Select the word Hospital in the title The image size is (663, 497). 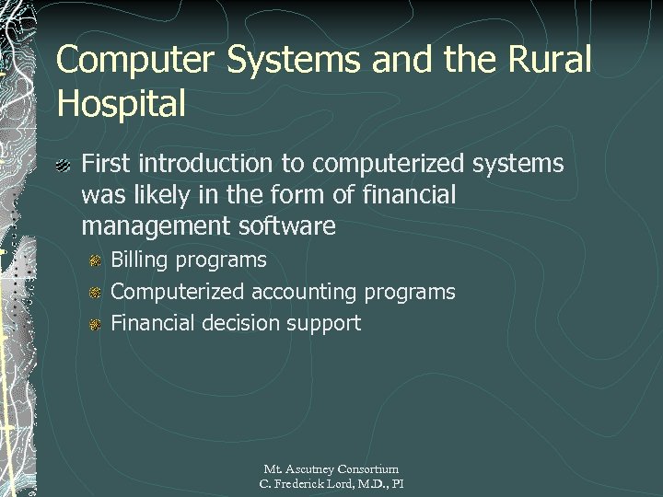(x=121, y=102)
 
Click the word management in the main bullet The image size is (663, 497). (x=157, y=225)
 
